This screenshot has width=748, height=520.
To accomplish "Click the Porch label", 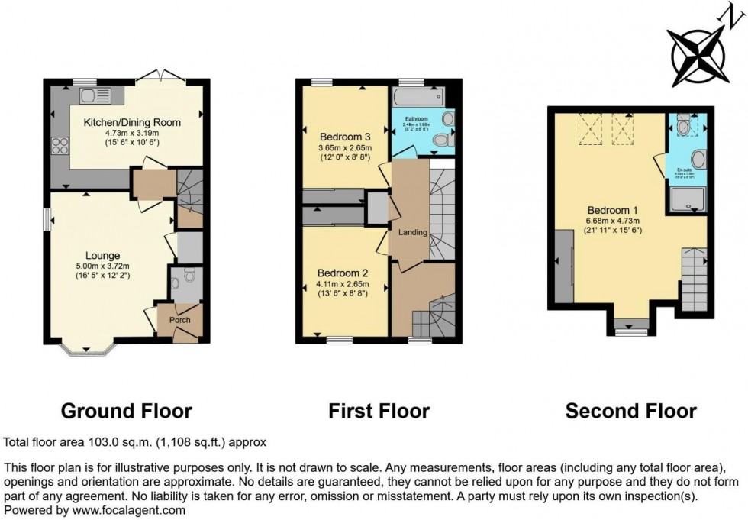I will (x=180, y=319).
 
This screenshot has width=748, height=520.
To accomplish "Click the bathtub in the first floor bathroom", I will (x=419, y=96).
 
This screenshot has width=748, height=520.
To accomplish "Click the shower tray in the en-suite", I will (x=688, y=199).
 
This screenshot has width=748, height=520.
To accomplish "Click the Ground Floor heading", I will (x=126, y=412).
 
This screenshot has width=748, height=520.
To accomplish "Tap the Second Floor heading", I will (x=630, y=412).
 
